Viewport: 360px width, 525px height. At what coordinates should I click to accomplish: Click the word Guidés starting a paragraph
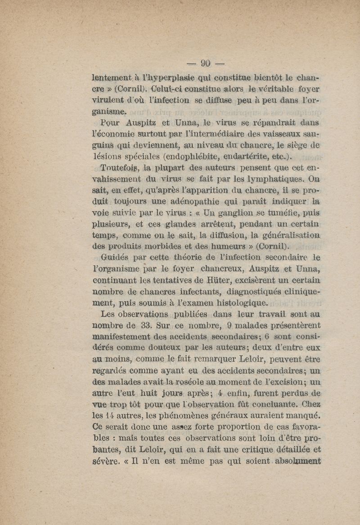click(116, 258)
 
